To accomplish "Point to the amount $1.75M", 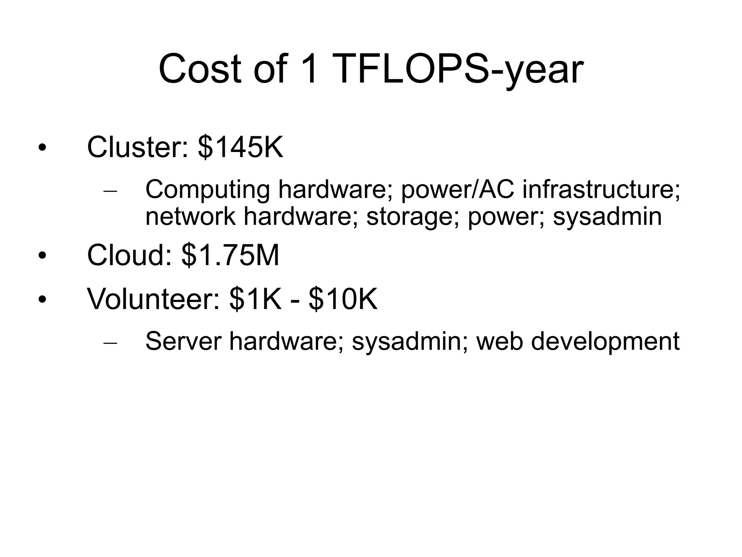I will [x=230, y=255].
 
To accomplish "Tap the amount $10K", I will [x=343, y=299].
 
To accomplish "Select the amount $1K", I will [x=255, y=299].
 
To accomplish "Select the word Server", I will [x=183, y=341].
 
